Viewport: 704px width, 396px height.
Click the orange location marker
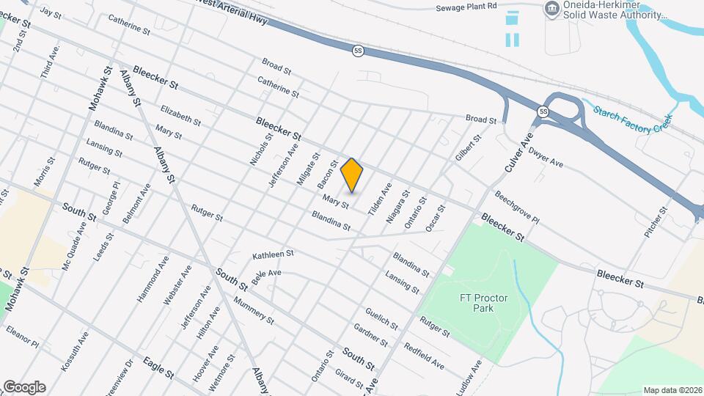[x=352, y=175]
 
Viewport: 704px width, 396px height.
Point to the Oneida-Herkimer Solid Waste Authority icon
[x=550, y=9]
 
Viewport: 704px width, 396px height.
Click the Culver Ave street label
[x=517, y=151]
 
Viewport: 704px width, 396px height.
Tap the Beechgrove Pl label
[x=516, y=209]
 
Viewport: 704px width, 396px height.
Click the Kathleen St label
[x=273, y=254]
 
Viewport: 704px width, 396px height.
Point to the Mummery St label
[x=253, y=310]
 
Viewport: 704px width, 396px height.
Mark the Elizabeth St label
[x=180, y=114]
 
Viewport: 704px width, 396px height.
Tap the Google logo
[x=24, y=386]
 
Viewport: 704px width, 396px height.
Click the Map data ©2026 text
[x=672, y=390]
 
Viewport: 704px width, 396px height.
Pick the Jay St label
[x=51, y=12]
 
